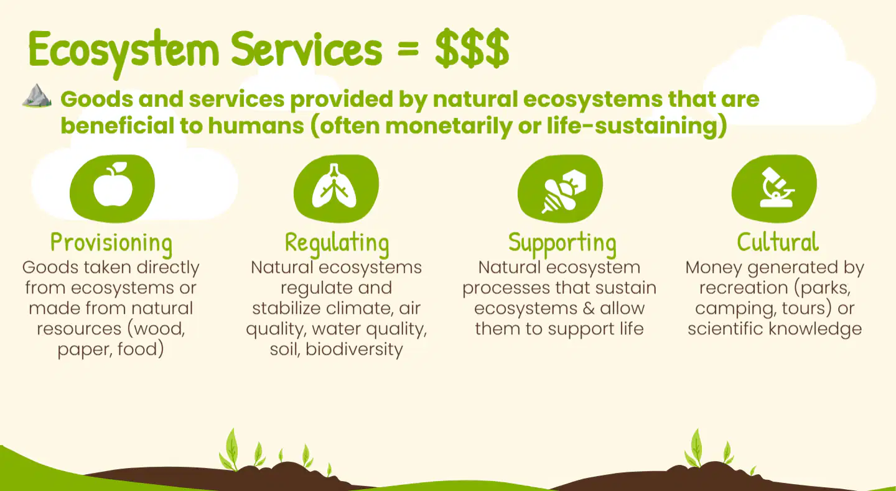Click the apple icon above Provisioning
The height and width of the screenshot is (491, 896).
tap(113, 184)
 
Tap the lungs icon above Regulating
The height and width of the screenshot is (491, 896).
tap(334, 186)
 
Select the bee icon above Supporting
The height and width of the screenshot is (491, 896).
tap(564, 191)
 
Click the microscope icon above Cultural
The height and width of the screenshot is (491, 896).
tap(777, 187)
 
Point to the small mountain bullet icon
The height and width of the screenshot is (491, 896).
tap(37, 96)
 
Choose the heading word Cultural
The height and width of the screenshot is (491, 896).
tap(778, 242)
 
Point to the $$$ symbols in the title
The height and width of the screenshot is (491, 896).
tap(472, 48)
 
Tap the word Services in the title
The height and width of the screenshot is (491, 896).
tap(306, 48)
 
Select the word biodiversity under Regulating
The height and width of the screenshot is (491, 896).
tap(355, 349)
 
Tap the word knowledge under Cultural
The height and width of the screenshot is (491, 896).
tap(815, 329)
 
